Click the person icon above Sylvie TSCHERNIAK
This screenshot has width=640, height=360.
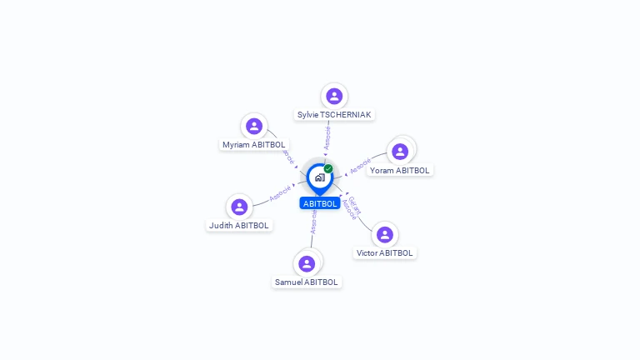point(334,97)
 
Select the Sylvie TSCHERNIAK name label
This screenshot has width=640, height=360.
point(335,114)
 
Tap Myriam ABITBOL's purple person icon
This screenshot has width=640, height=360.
point(254,127)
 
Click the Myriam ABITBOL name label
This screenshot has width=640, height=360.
point(254,144)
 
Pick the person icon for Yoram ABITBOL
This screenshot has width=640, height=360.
point(400,152)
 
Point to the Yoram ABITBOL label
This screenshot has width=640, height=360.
point(400,170)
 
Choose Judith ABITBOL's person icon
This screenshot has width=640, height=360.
point(240,207)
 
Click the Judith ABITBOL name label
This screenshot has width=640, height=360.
point(239,225)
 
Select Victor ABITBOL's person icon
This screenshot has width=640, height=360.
point(384,235)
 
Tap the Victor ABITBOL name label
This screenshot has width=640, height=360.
point(385,252)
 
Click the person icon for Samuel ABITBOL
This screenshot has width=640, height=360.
point(307,263)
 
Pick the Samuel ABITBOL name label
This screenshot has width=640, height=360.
point(307,282)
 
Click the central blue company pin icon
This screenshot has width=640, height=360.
point(319,177)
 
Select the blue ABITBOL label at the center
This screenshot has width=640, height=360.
point(320,203)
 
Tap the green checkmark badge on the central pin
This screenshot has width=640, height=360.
point(328,168)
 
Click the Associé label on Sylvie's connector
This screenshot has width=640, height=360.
point(327,137)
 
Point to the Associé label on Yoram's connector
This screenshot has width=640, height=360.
point(361,166)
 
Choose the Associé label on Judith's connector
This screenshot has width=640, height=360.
point(281,192)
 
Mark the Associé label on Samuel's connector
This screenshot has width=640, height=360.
point(313,222)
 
